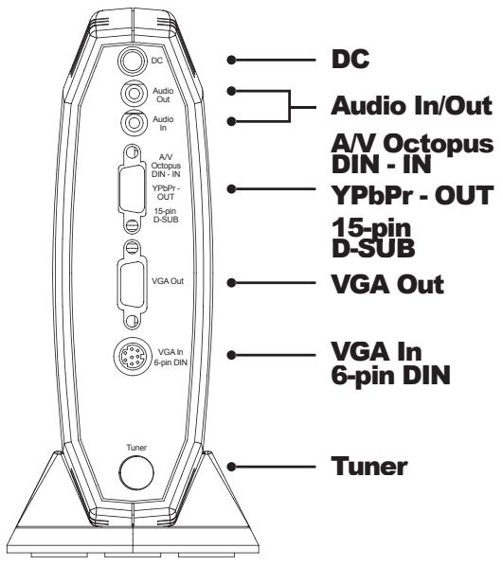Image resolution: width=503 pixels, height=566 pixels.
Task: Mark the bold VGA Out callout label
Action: [386, 282]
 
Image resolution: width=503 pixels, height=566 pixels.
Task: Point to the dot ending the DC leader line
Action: [232, 60]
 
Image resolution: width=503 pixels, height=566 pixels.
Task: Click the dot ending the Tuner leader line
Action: [232, 466]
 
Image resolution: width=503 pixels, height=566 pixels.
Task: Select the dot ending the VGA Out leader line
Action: [232, 282]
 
